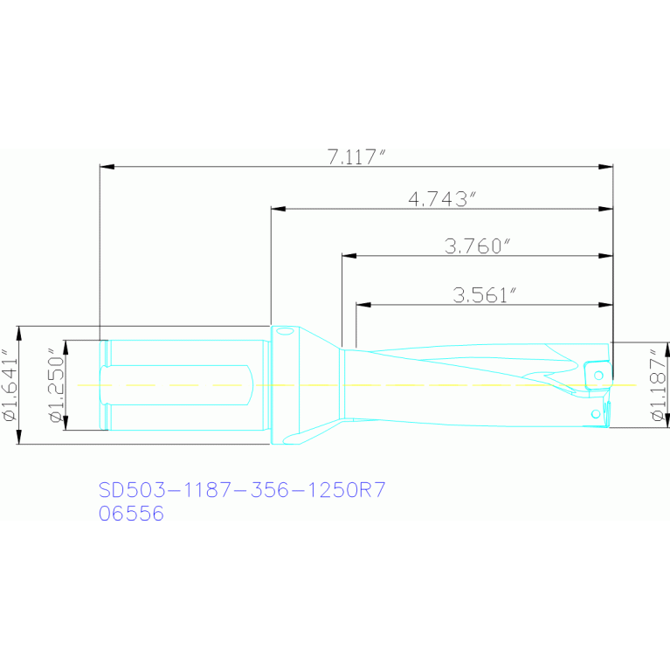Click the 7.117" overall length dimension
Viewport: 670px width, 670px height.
coord(356,157)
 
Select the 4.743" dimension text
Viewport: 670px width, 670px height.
coord(442,199)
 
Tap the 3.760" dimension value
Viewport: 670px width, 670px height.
coord(477,245)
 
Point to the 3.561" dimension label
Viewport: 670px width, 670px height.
coord(485,295)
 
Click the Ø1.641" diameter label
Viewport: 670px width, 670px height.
coord(10,385)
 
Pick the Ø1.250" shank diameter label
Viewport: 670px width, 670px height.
coord(57,385)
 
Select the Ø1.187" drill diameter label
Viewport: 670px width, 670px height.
coord(659,385)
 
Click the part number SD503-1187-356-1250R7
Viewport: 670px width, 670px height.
coord(242,490)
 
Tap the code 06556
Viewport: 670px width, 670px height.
coord(131,513)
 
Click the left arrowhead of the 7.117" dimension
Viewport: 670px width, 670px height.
coord(107,166)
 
